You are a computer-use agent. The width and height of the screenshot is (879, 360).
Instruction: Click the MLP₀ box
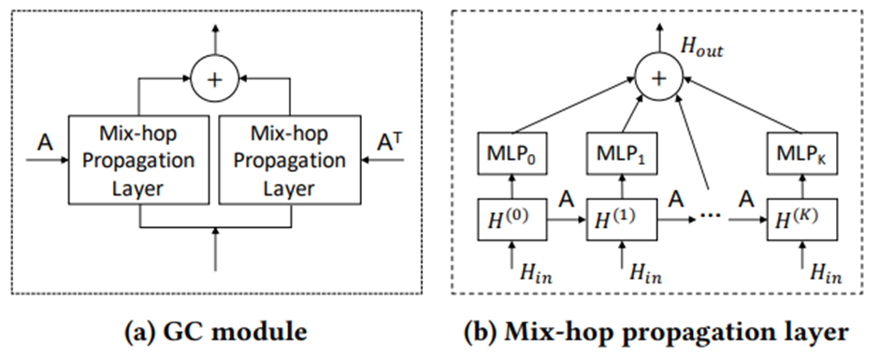[x=511, y=152]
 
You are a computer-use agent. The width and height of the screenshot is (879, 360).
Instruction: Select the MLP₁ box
[x=621, y=152]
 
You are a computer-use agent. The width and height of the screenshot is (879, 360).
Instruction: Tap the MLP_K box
[x=803, y=152]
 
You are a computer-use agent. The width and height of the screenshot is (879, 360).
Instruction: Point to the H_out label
[x=702, y=50]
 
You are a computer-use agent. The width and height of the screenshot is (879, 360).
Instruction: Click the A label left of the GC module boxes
[x=46, y=144]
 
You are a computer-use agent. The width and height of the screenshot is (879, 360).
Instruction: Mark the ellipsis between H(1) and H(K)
[x=711, y=219]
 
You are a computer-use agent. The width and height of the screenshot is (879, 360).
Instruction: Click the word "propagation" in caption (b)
[x=696, y=334]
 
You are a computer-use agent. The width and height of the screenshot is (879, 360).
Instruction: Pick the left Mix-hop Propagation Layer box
[x=139, y=160]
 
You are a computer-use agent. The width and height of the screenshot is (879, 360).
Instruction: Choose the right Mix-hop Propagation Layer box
[x=289, y=160]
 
